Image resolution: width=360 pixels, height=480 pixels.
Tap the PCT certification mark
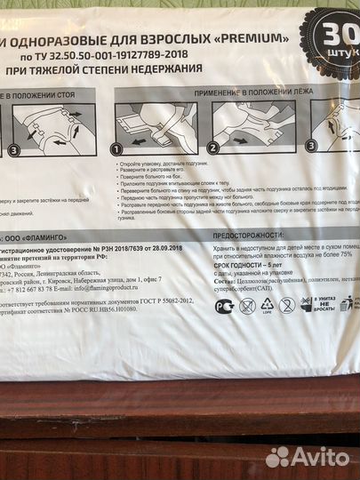click(x=225, y=306)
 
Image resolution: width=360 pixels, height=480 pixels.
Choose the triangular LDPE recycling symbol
click(x=265, y=306)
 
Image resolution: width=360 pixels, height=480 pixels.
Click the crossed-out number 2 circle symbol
click(x=286, y=306)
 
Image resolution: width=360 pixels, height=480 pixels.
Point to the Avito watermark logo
click(x=308, y=455)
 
